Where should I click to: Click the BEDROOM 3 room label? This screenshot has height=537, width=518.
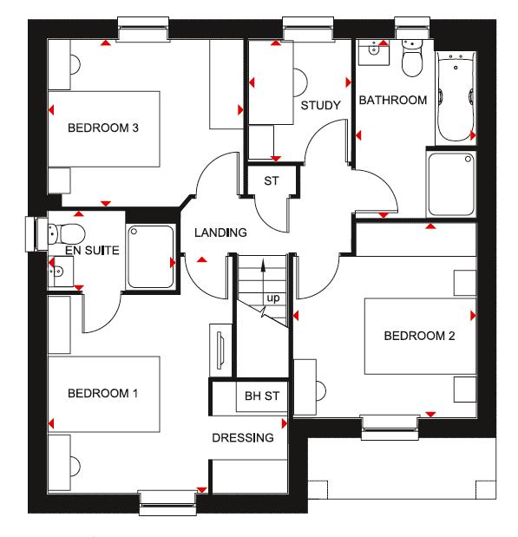[x=104, y=128]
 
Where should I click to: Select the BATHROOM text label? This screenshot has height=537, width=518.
[x=393, y=101]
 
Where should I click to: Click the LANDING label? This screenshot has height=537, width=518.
[x=220, y=232]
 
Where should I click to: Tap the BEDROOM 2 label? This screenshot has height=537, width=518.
[x=420, y=336]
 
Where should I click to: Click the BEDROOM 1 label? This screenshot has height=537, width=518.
[x=103, y=393]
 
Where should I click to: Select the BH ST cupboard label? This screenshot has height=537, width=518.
[x=261, y=396]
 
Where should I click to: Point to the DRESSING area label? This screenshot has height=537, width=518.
[x=249, y=438]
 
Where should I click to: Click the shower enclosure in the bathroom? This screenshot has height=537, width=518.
[x=451, y=185]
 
